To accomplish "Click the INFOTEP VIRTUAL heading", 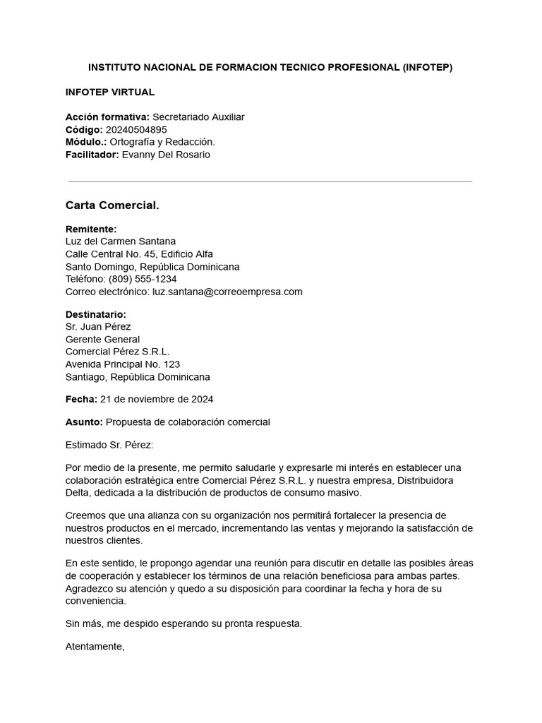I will (110, 92).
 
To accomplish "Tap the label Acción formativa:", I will (107, 117).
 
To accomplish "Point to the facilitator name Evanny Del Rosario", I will (166, 155).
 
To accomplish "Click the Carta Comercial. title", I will (112, 205).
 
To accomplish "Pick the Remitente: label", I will (91, 229).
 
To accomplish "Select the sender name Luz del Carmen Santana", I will (121, 241).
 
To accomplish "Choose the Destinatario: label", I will (96, 314).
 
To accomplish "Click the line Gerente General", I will (102, 340).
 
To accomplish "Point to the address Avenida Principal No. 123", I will (123, 364).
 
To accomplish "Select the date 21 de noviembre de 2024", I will (157, 400).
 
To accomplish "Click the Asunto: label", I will (84, 422).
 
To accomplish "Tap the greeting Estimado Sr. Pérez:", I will (109, 445).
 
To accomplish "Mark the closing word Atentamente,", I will (95, 646).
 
